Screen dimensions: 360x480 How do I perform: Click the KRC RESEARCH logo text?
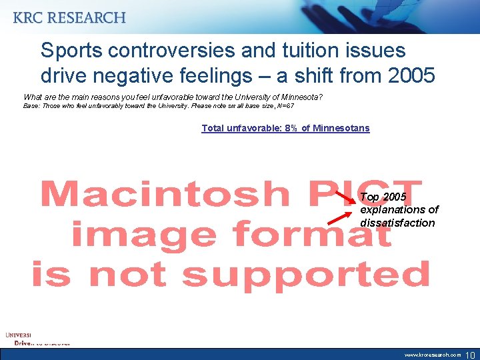tap(69, 18)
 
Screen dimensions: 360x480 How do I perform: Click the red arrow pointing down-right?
tap(345, 196)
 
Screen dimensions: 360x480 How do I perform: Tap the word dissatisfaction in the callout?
tap(397, 223)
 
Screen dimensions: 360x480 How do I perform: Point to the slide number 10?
tap(470, 354)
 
